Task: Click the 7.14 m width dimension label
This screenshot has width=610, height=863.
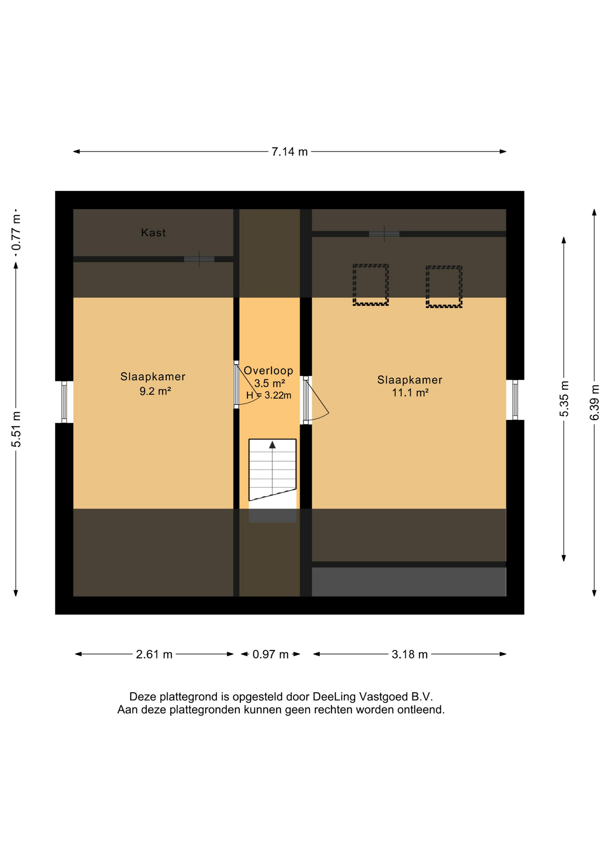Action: (x=289, y=152)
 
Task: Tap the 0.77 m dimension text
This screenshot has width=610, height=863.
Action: (x=16, y=232)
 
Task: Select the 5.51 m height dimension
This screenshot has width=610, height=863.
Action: (x=16, y=429)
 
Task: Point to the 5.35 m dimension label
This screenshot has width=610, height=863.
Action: (x=564, y=399)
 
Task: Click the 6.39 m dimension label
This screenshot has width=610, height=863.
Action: (x=594, y=403)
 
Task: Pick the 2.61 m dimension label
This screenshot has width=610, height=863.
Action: (x=154, y=654)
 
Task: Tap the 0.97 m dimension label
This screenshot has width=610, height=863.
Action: (x=270, y=654)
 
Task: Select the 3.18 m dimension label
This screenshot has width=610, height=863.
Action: (x=410, y=654)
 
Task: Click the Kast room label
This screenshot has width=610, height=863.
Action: (x=153, y=233)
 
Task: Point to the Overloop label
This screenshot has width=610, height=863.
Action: (x=268, y=371)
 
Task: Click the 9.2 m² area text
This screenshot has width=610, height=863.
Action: (x=155, y=391)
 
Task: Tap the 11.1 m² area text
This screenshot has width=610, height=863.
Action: (x=410, y=393)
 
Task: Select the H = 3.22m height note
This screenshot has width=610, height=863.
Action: (x=269, y=396)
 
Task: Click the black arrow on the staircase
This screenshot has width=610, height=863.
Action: (x=272, y=445)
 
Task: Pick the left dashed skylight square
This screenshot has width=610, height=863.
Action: (x=371, y=285)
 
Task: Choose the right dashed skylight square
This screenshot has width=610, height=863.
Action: (x=444, y=287)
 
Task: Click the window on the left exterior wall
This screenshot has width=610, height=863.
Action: (x=64, y=402)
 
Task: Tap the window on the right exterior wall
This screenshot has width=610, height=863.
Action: (x=515, y=400)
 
